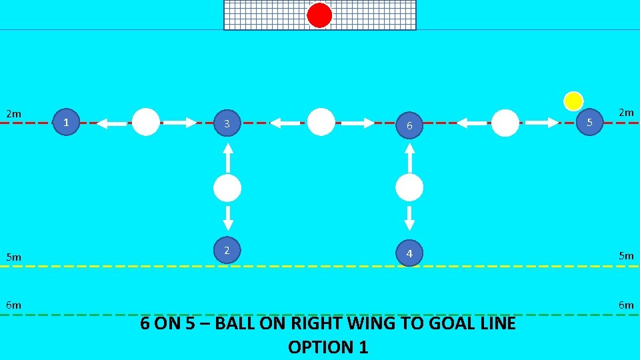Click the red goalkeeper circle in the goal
[x=319, y=15]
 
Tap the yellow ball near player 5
[x=573, y=101]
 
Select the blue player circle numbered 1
[x=65, y=122]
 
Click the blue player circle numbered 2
[x=227, y=250]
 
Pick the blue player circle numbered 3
[x=227, y=123]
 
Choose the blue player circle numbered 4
[x=409, y=253]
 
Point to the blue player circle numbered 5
[x=589, y=122]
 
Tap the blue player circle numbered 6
[x=410, y=125]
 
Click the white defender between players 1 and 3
[x=146, y=122]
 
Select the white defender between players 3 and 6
[x=321, y=122]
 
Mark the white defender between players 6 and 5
[x=505, y=123]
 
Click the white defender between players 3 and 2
[x=227, y=189]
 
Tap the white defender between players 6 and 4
[x=409, y=188]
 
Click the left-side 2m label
[x=13, y=114]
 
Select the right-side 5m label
[x=625, y=255]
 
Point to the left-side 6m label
[x=13, y=305]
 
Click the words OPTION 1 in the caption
[x=327, y=347]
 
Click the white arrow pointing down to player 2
[x=227, y=218]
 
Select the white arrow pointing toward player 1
[x=111, y=123]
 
